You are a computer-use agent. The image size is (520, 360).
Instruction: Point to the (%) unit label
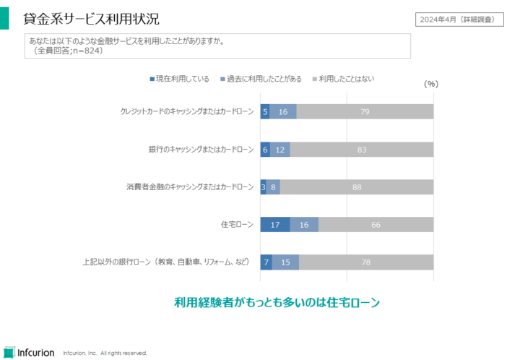point(430,84)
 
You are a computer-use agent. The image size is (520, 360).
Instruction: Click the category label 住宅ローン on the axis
point(237,225)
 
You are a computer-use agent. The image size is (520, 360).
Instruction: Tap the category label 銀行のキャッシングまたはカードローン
point(201,150)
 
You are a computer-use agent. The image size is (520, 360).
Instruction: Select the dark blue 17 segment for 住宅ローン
point(275,225)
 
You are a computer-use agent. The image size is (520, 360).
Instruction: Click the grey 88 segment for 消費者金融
point(357,187)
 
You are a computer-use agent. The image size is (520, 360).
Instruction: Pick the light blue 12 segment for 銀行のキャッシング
point(280,150)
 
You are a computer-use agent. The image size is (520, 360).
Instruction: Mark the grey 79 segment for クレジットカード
point(365,112)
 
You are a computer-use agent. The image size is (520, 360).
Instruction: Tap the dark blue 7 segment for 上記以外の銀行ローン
point(266,262)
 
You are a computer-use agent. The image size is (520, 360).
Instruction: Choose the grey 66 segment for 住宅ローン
point(376,225)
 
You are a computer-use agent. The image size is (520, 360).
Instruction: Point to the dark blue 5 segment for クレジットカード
point(265,112)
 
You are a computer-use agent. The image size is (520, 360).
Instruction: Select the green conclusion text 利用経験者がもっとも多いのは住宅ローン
point(277,303)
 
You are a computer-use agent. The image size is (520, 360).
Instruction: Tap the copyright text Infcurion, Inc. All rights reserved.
point(105,353)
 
